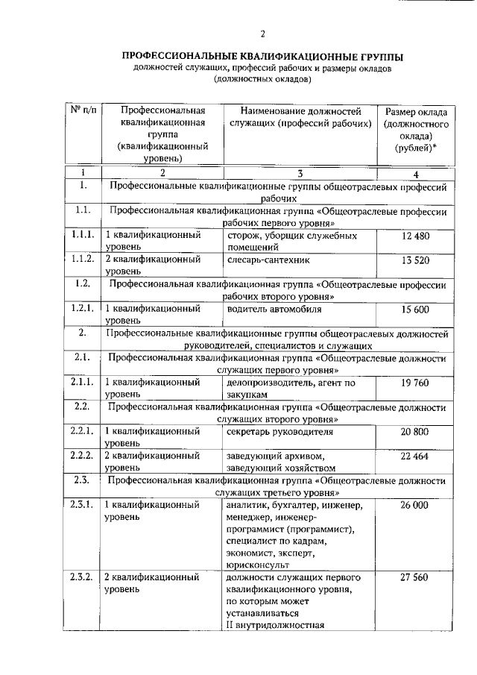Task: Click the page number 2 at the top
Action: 262,33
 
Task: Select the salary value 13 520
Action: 416,260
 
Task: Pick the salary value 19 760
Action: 416,383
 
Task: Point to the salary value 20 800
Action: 416,432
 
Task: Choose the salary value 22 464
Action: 416,456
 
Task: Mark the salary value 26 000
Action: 416,505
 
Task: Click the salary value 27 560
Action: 416,578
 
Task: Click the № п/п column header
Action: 83,110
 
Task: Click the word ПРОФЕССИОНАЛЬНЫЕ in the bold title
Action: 177,56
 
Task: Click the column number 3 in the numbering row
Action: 299,173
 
